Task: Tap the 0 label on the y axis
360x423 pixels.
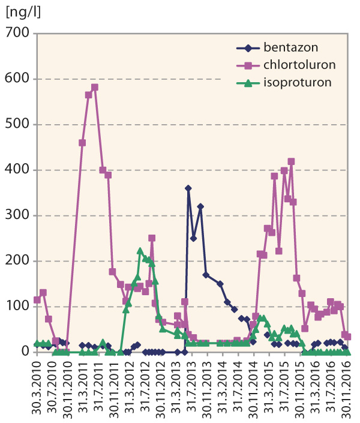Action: (x=25, y=352)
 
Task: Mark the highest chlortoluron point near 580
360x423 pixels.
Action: (x=95, y=88)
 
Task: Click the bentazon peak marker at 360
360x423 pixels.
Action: (x=188, y=188)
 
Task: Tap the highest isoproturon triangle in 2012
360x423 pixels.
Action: (x=140, y=251)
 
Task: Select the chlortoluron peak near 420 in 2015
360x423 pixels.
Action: (x=291, y=161)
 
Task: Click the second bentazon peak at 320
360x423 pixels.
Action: (x=200, y=206)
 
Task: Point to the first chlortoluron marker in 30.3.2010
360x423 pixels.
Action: (x=37, y=300)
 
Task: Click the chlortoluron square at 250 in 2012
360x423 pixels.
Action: (x=152, y=238)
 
